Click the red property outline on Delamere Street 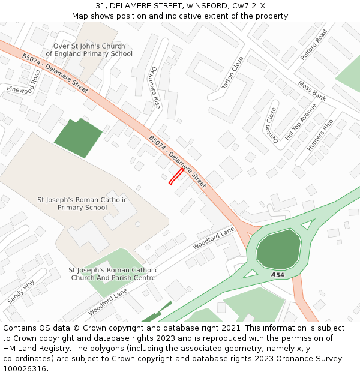[176, 176]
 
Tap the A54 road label [277, 275]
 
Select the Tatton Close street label [233, 73]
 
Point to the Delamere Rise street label [155, 87]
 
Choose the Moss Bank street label [312, 91]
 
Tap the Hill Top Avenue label [301, 122]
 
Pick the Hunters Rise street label [320, 135]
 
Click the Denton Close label [273, 125]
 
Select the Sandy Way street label [21, 291]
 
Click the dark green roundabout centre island [278, 248]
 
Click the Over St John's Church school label [89, 50]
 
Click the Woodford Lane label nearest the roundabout [214, 238]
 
